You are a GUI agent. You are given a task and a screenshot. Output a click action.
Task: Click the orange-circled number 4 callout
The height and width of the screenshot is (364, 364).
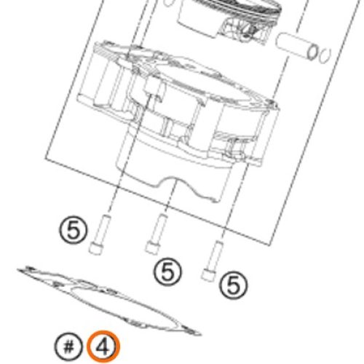(x=103, y=347)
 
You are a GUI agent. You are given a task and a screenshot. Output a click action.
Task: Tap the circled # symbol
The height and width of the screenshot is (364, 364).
(x=69, y=347)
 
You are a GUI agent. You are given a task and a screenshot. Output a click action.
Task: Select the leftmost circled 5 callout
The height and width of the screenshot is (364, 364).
(x=73, y=229)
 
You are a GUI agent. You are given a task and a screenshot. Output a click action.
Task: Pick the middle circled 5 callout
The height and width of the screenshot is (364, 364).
(x=167, y=272)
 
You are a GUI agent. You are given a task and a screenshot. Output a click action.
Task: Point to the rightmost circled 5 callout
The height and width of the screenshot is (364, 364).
(x=234, y=285)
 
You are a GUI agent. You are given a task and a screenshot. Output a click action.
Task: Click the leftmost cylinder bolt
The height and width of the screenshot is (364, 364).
(x=99, y=234)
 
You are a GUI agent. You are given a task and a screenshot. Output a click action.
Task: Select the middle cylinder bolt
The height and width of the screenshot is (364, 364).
(x=157, y=234)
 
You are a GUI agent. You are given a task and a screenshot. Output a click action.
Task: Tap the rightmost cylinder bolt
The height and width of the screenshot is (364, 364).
(x=213, y=261)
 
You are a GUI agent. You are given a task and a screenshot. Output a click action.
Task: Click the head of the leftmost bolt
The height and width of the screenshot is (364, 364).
(x=95, y=248)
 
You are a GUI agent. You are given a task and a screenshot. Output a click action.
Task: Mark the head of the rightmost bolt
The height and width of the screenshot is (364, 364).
(x=208, y=275)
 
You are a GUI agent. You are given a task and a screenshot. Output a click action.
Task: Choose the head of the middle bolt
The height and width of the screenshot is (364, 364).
(x=151, y=248)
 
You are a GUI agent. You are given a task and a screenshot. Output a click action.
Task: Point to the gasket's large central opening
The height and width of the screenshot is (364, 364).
(x=122, y=305)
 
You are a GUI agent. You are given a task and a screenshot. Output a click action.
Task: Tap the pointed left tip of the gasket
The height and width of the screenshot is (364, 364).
(x=18, y=269)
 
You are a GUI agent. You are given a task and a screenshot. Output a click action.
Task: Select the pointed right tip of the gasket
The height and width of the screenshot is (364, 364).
(x=200, y=334)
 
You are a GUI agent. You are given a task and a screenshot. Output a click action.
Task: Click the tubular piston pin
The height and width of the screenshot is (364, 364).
(x=296, y=47)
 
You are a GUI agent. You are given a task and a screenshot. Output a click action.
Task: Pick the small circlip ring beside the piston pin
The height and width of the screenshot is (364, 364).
(x=325, y=56)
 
